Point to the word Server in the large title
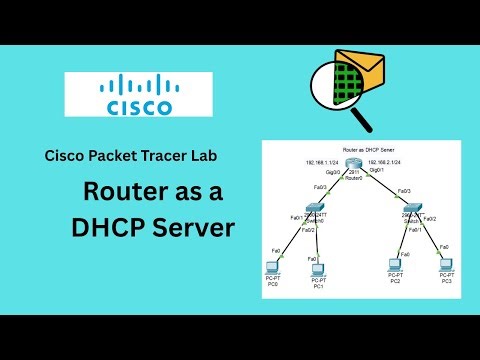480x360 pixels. click(x=196, y=228)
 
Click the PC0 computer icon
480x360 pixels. click(x=272, y=265)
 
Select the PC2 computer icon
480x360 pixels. click(x=396, y=266)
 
